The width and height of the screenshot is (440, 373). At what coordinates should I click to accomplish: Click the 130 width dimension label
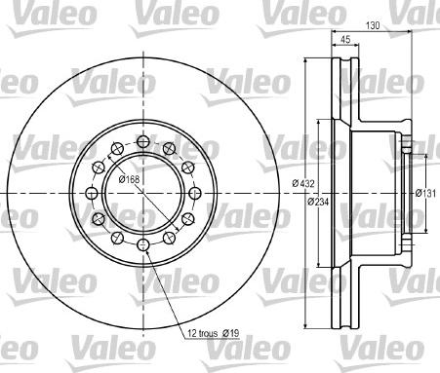373,25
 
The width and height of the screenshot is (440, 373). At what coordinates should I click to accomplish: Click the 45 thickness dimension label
345,39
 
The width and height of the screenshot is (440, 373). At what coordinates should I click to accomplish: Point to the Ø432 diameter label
303,183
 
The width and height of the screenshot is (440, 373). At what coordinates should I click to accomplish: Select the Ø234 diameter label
318,202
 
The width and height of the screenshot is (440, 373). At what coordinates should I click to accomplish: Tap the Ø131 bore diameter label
425,194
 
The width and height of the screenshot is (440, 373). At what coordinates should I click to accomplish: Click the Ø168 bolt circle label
129,178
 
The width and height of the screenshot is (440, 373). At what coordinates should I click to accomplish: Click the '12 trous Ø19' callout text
214,333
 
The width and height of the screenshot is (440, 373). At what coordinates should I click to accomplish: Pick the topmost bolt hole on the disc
143,141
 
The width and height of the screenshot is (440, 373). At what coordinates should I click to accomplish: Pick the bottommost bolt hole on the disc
143,244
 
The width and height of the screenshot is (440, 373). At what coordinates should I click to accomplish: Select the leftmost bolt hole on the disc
92,193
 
